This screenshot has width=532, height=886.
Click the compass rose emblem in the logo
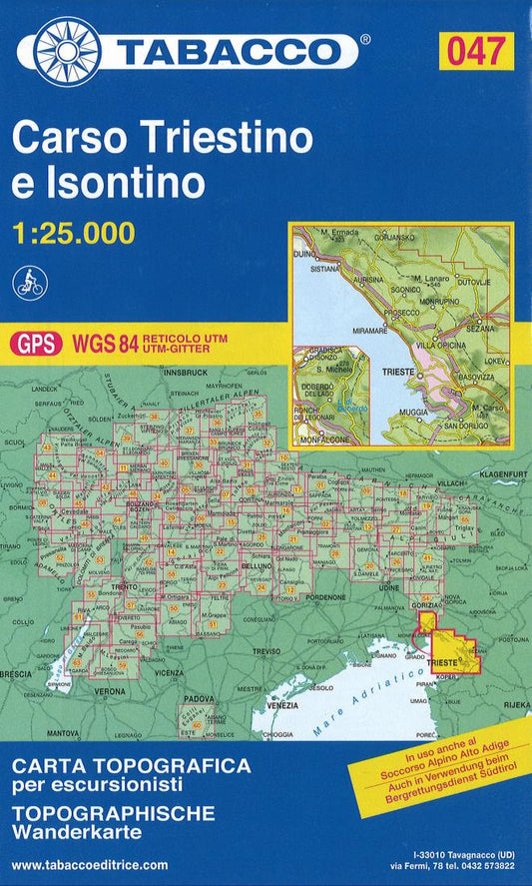point(66,50)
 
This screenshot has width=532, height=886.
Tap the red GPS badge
point(35,344)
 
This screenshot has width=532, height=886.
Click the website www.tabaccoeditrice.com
point(91,865)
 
